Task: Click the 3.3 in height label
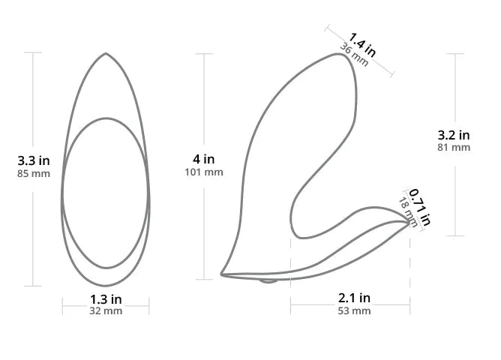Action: coord(34,160)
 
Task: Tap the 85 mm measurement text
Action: coord(34,174)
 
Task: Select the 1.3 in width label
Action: coord(106,299)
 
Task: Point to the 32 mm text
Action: coord(106,310)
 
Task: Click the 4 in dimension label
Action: coord(203,159)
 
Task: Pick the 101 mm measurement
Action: coord(204,172)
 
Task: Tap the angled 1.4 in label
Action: coord(362,44)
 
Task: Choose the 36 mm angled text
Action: coord(354,55)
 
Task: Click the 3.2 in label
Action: coord(454,135)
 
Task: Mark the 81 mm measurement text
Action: coord(454,148)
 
